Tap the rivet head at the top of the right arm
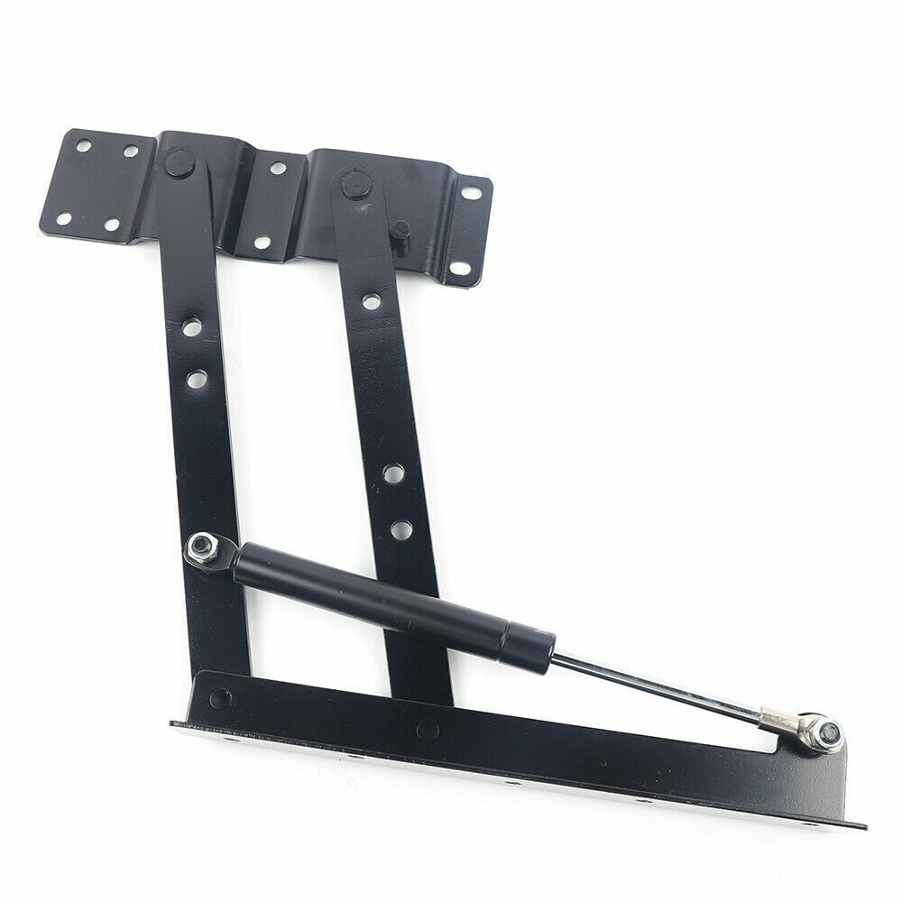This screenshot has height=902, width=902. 353,185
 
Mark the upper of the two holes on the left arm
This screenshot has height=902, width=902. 190,327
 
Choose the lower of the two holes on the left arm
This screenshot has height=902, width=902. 197,378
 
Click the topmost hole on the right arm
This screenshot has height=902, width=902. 371,301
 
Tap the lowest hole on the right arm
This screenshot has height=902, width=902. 401,529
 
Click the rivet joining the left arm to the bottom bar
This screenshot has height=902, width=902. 219,698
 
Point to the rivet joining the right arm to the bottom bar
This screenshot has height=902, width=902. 428,730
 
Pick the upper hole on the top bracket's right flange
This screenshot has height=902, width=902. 471,193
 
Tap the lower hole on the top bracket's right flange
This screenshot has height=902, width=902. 458,268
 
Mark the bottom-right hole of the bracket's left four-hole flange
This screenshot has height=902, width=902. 112,225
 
